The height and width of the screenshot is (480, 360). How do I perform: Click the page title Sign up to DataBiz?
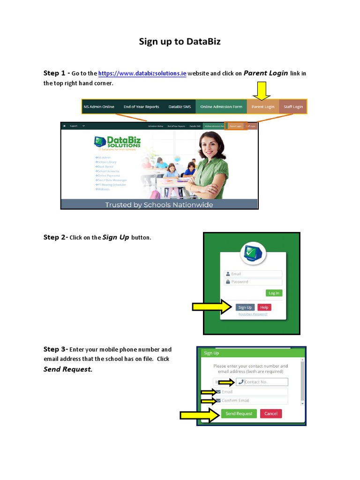click(x=180, y=42)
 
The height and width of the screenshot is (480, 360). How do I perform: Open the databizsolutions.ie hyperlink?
click(x=142, y=74)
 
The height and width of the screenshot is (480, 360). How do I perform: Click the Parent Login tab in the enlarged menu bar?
click(x=263, y=107)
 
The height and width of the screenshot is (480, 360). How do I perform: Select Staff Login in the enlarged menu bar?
click(x=292, y=107)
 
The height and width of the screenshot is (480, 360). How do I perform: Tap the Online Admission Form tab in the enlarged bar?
click(x=221, y=107)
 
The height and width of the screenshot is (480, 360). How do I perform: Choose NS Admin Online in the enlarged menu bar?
click(x=98, y=107)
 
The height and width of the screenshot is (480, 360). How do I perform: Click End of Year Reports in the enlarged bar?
click(x=141, y=107)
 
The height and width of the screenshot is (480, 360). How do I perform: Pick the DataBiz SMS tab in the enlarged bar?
click(x=180, y=107)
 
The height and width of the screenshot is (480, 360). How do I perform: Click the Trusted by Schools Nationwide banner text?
click(x=159, y=204)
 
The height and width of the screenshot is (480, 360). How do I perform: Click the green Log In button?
click(x=274, y=293)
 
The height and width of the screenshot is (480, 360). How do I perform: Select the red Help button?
click(x=264, y=307)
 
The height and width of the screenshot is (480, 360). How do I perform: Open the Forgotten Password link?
click(x=253, y=314)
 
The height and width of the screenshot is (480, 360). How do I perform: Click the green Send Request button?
click(x=239, y=413)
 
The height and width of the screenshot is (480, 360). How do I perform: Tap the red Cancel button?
click(x=271, y=413)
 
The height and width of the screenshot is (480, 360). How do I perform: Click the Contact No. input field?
click(x=262, y=382)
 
